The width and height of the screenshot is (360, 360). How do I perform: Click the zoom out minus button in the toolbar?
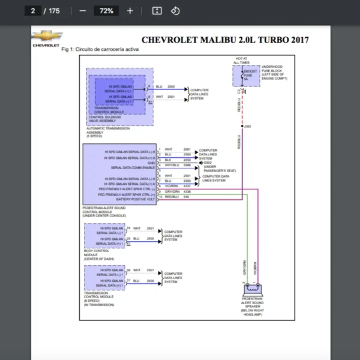click(83, 11)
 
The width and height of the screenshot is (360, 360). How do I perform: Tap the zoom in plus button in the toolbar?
click(130, 11)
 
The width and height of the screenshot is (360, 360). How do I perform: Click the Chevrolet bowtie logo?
click(46, 37)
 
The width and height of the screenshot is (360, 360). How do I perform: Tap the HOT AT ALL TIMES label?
click(241, 61)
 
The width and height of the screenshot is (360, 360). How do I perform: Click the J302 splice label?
click(248, 126)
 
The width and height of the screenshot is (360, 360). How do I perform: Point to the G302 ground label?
click(208, 163)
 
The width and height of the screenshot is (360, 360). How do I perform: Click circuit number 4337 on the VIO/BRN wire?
click(187, 187)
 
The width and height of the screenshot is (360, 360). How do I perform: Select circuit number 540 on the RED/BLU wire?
click(186, 197)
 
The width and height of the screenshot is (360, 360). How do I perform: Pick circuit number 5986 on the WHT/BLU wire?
click(187, 165)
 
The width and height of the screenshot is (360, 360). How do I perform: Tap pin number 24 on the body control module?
click(128, 229)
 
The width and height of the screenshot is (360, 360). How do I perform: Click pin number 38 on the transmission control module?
click(128, 271)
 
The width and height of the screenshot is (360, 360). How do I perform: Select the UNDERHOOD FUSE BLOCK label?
click(275, 72)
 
